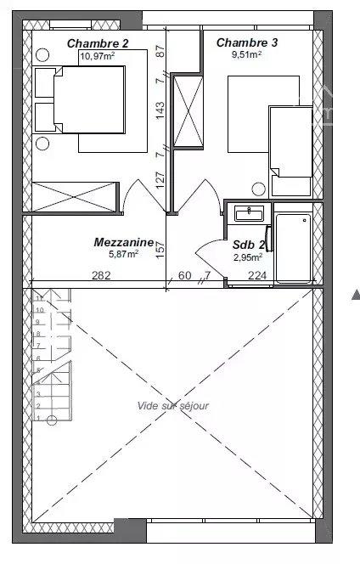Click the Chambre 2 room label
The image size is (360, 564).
(98, 43)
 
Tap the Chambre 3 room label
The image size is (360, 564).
(247, 42)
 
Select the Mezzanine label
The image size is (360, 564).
(124, 242)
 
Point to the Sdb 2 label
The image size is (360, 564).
(249, 245)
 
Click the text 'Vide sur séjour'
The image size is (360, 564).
(173, 406)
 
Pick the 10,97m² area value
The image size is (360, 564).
(98, 56)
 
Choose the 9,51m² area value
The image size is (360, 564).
(247, 54)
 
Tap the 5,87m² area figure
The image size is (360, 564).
(123, 254)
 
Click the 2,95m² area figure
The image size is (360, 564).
(248, 257)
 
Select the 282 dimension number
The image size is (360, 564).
(101, 275)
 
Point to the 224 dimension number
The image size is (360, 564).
(257, 275)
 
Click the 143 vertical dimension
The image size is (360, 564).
(160, 110)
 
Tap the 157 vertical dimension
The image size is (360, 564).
(160, 249)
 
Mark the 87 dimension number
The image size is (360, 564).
(160, 51)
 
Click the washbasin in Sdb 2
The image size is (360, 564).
(249, 214)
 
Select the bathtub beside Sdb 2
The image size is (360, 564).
(293, 249)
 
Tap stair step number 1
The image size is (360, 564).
(38, 418)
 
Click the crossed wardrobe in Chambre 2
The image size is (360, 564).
(74, 197)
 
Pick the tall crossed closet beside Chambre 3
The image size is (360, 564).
(188, 111)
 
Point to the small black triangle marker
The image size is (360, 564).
(356, 294)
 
